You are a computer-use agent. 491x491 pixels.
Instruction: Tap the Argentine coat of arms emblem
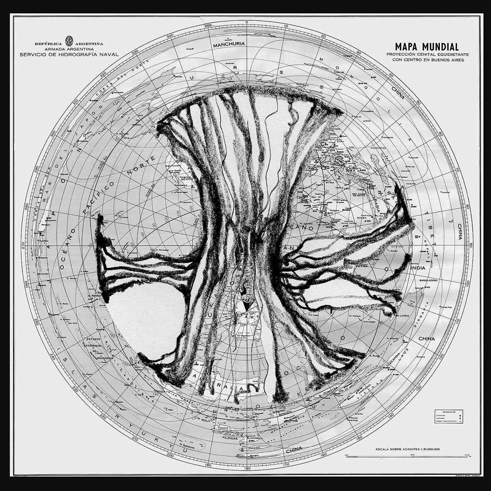(x=69, y=42)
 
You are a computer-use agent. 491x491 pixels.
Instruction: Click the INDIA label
(x=417, y=268)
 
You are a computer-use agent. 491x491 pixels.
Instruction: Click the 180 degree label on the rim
(x=248, y=469)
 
